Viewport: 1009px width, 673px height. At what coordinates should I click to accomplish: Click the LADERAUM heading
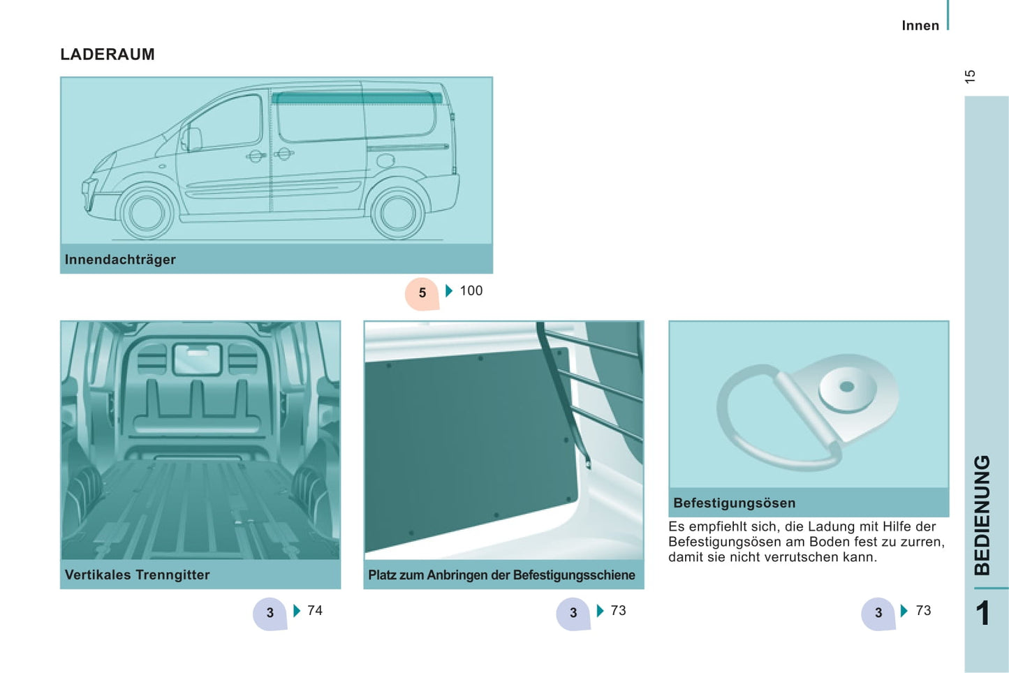point(108,54)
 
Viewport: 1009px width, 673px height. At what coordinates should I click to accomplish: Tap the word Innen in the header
point(920,26)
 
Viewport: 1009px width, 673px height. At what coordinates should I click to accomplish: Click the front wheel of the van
point(146,212)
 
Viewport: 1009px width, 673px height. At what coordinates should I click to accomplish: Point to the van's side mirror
point(192,139)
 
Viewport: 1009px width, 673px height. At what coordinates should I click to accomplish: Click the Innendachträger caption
point(120,260)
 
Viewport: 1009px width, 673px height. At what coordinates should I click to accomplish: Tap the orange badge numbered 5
point(422,293)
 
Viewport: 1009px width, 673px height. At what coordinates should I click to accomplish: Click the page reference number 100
point(471,290)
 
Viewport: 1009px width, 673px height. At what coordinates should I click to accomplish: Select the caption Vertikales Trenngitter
point(137,575)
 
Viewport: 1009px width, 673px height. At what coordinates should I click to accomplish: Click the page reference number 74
point(315,610)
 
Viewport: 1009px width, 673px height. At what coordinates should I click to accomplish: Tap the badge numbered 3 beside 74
point(270,613)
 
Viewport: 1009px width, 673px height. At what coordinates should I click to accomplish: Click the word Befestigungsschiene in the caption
point(574,575)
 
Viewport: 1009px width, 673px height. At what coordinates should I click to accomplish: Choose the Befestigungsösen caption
point(734,503)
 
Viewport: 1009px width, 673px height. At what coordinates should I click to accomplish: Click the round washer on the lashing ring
point(847,388)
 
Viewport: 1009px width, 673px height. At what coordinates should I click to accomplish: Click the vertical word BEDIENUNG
point(982,515)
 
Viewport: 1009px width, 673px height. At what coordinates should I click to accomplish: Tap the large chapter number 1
point(982,613)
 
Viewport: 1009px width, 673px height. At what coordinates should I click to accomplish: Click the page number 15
point(971,77)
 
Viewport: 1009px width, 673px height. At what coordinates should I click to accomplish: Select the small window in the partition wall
point(198,359)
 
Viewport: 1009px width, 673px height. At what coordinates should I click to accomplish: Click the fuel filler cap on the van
point(385,160)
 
